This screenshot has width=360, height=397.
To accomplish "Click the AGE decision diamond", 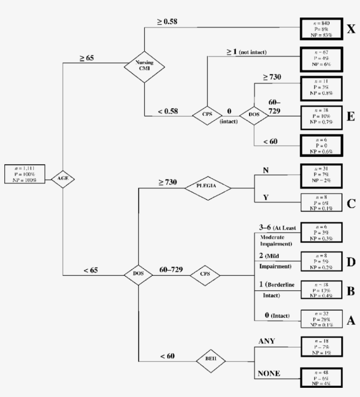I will click(63, 179).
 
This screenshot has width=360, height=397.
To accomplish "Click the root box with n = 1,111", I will click(25, 174).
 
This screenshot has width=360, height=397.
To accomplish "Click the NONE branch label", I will click(270, 374).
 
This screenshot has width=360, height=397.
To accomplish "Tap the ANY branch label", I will click(266, 341).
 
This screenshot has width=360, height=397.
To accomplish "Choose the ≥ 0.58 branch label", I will click(167, 22).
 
